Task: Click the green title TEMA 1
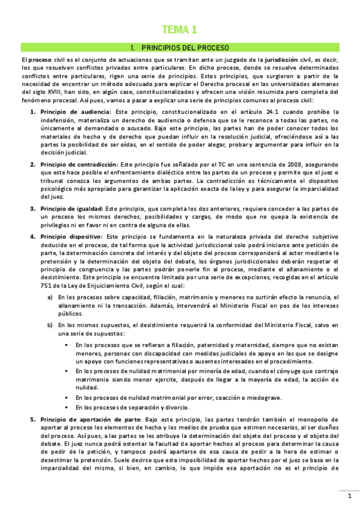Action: click(180, 29)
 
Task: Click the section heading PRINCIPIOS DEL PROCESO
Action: click(180, 47)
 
